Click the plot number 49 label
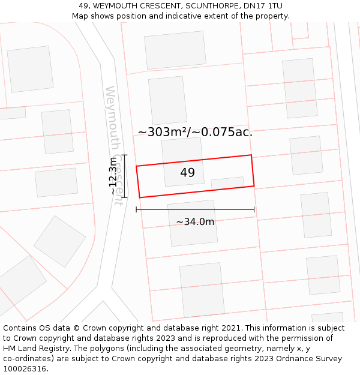pos(187,173)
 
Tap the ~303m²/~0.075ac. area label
pos(195,132)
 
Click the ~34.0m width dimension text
pos(195,221)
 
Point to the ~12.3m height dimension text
pos(112,176)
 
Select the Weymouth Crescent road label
pos(114,145)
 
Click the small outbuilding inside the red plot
pos(227,183)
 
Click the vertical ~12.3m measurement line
pos(124,176)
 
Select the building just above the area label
pos(167,100)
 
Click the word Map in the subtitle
pos(81,16)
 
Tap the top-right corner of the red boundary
pos(251,155)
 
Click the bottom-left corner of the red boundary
pos(140,197)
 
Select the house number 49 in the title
pos(84,6)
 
